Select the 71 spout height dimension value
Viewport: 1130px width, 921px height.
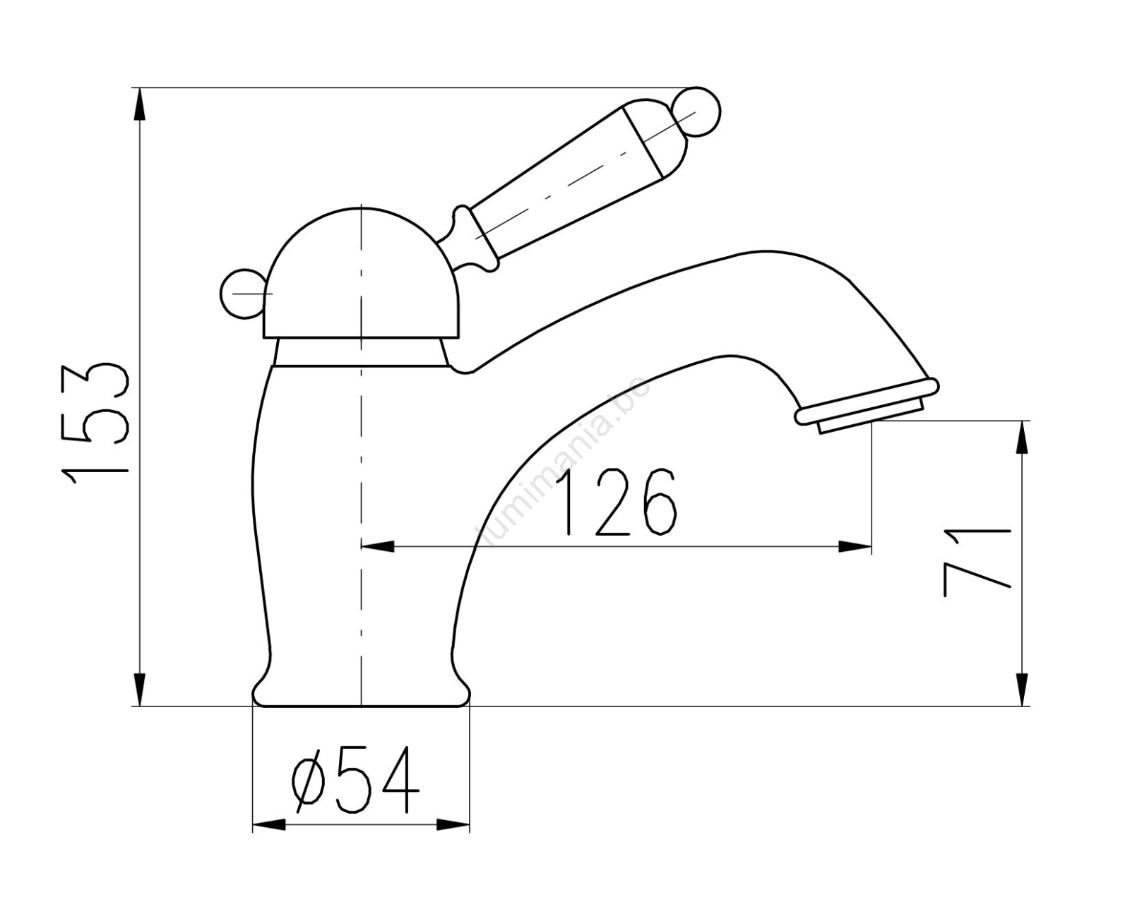tap(977, 562)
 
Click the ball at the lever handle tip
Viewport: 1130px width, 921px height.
tap(696, 112)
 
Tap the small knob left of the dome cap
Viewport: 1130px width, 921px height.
tap(242, 294)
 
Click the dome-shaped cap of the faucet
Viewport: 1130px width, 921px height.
tap(361, 273)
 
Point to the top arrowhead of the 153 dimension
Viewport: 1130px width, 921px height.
tap(139, 105)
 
